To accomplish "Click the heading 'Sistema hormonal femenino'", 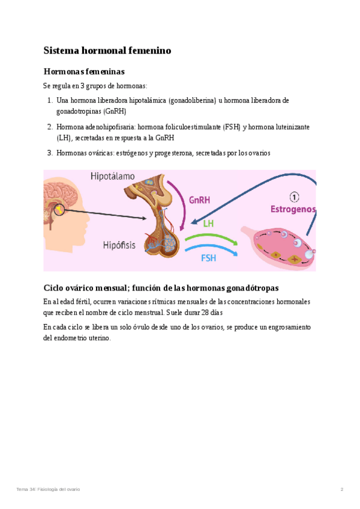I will pyautogui.click(x=107, y=50).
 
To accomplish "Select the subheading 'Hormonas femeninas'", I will pyautogui.click(x=84, y=71).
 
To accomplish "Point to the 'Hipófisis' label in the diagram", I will pyautogui.click(x=119, y=245).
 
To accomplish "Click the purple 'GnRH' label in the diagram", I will pyautogui.click(x=199, y=200).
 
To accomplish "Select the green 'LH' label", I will pyautogui.click(x=209, y=223).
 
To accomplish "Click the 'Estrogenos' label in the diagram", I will pyautogui.click(x=293, y=209).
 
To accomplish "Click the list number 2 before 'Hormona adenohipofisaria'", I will pyautogui.click(x=50, y=127).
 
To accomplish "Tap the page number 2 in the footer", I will pyautogui.click(x=341, y=489).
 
